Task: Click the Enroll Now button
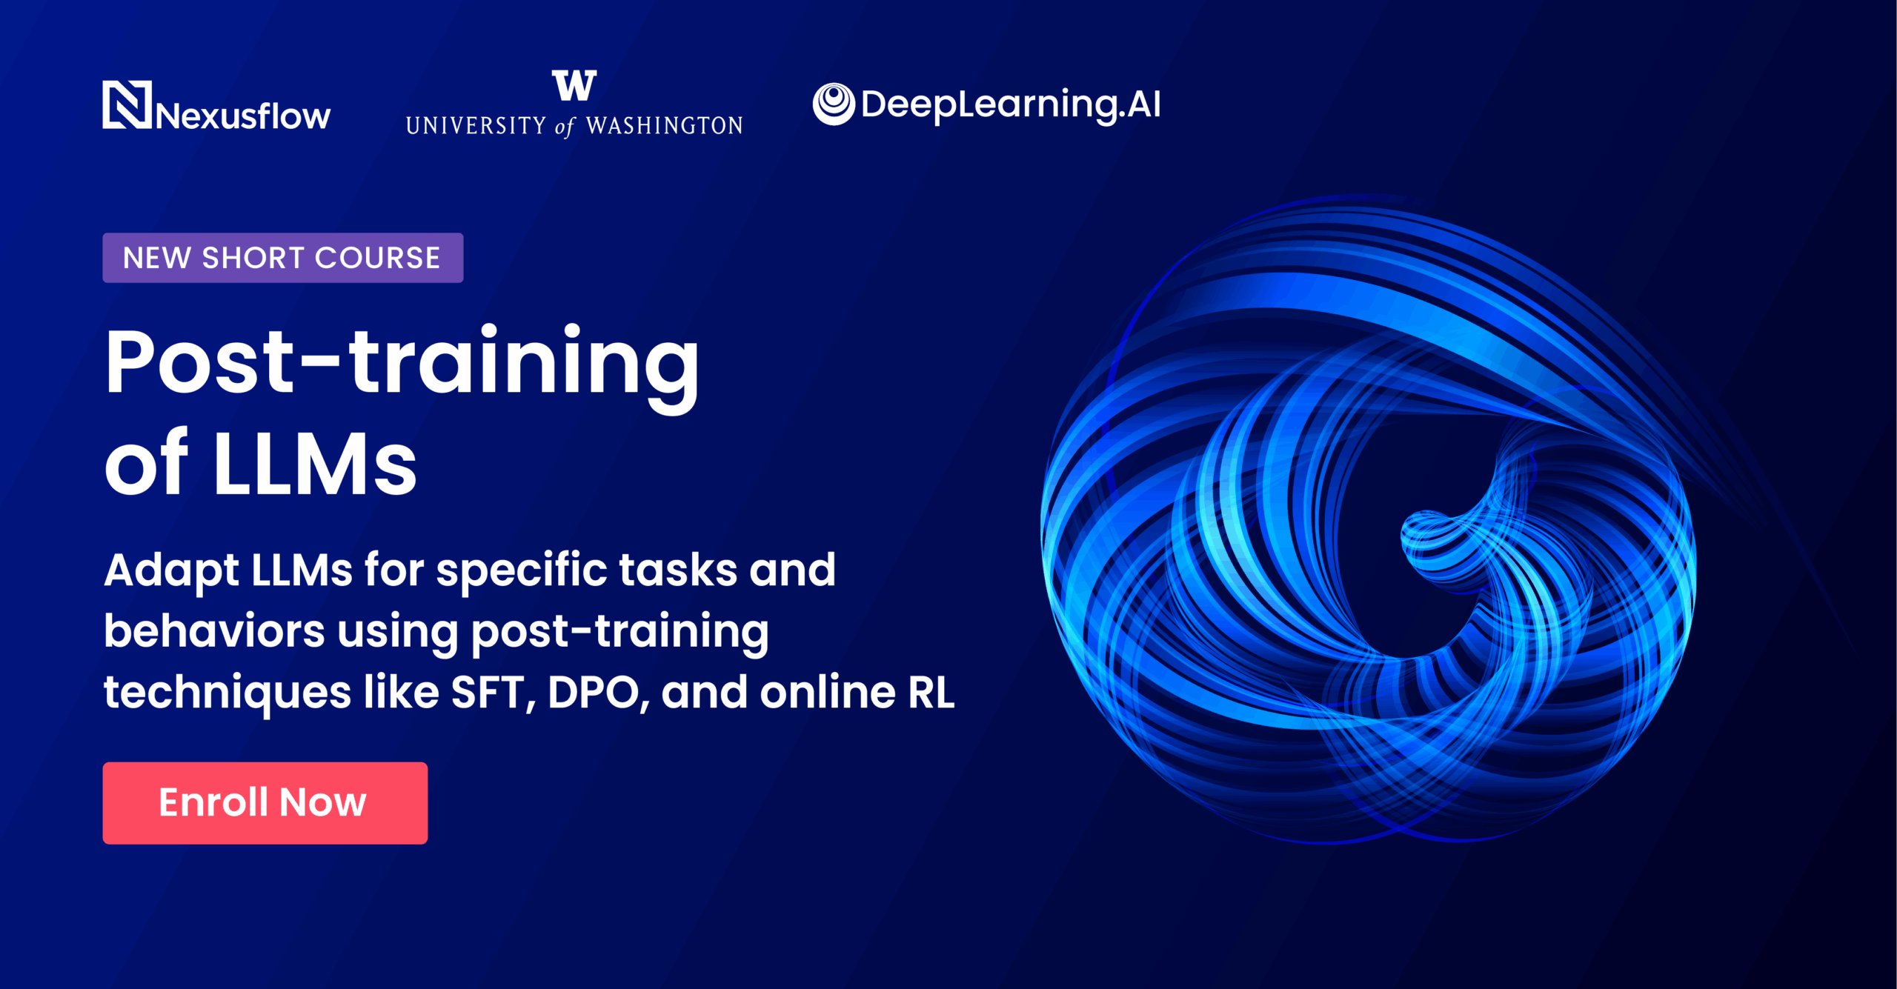265,803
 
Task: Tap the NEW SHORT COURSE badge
283,258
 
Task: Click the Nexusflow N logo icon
127,104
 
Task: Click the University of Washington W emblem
574,85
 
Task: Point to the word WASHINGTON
665,126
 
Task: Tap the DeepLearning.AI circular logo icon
834,104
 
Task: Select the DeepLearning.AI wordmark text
1011,104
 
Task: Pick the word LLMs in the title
315,464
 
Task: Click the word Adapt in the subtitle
171,571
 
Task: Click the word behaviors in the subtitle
214,631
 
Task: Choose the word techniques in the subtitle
227,693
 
